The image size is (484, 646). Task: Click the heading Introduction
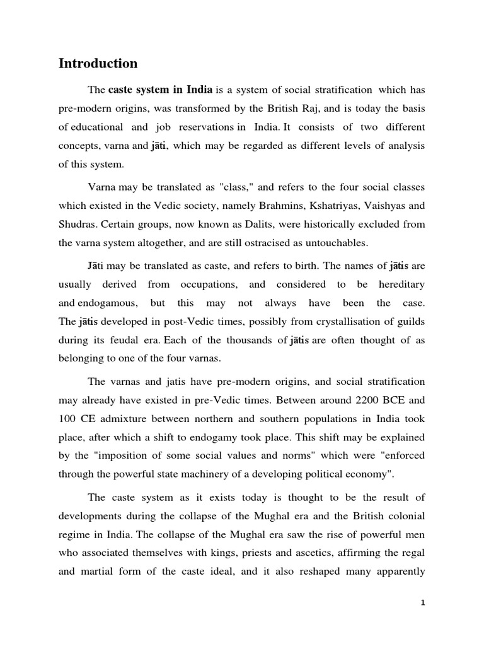coord(98,64)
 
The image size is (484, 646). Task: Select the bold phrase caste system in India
coord(161,90)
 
